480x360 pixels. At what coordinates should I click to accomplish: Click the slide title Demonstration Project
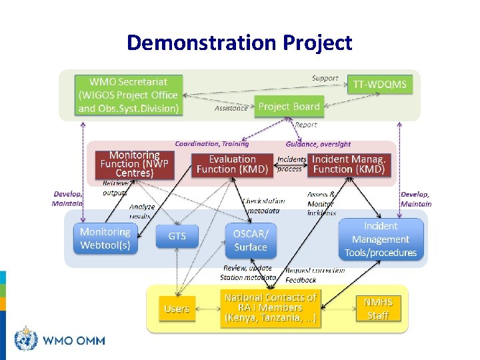tap(239, 43)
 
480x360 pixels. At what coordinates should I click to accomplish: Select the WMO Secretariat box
tap(128, 95)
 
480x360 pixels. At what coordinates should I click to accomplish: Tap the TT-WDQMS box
tap(379, 85)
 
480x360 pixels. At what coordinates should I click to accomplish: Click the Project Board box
tap(289, 107)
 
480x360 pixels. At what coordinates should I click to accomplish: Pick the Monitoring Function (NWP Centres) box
tap(134, 164)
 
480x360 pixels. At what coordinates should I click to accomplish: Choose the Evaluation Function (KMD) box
tap(232, 164)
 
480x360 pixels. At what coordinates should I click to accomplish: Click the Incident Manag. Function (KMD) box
tap(349, 164)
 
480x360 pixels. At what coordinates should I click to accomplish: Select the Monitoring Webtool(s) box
tap(105, 239)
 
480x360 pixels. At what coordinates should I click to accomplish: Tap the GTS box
tap(177, 237)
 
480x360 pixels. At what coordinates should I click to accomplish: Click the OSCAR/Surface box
tap(250, 241)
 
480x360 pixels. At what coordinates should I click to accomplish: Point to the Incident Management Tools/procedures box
tap(381, 239)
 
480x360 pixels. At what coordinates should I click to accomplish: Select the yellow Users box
tap(177, 309)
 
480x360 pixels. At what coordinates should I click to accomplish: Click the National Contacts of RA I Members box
tap(271, 308)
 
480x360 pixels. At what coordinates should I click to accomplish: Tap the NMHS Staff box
tap(378, 309)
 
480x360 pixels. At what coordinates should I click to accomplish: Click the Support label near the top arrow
tap(325, 78)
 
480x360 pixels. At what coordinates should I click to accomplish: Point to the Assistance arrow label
tap(231, 108)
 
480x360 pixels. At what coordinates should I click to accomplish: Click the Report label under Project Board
tap(306, 125)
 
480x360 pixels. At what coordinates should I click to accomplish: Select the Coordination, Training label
tap(212, 143)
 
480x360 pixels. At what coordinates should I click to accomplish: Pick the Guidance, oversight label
tap(318, 144)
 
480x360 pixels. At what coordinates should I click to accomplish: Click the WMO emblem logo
tap(26, 339)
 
